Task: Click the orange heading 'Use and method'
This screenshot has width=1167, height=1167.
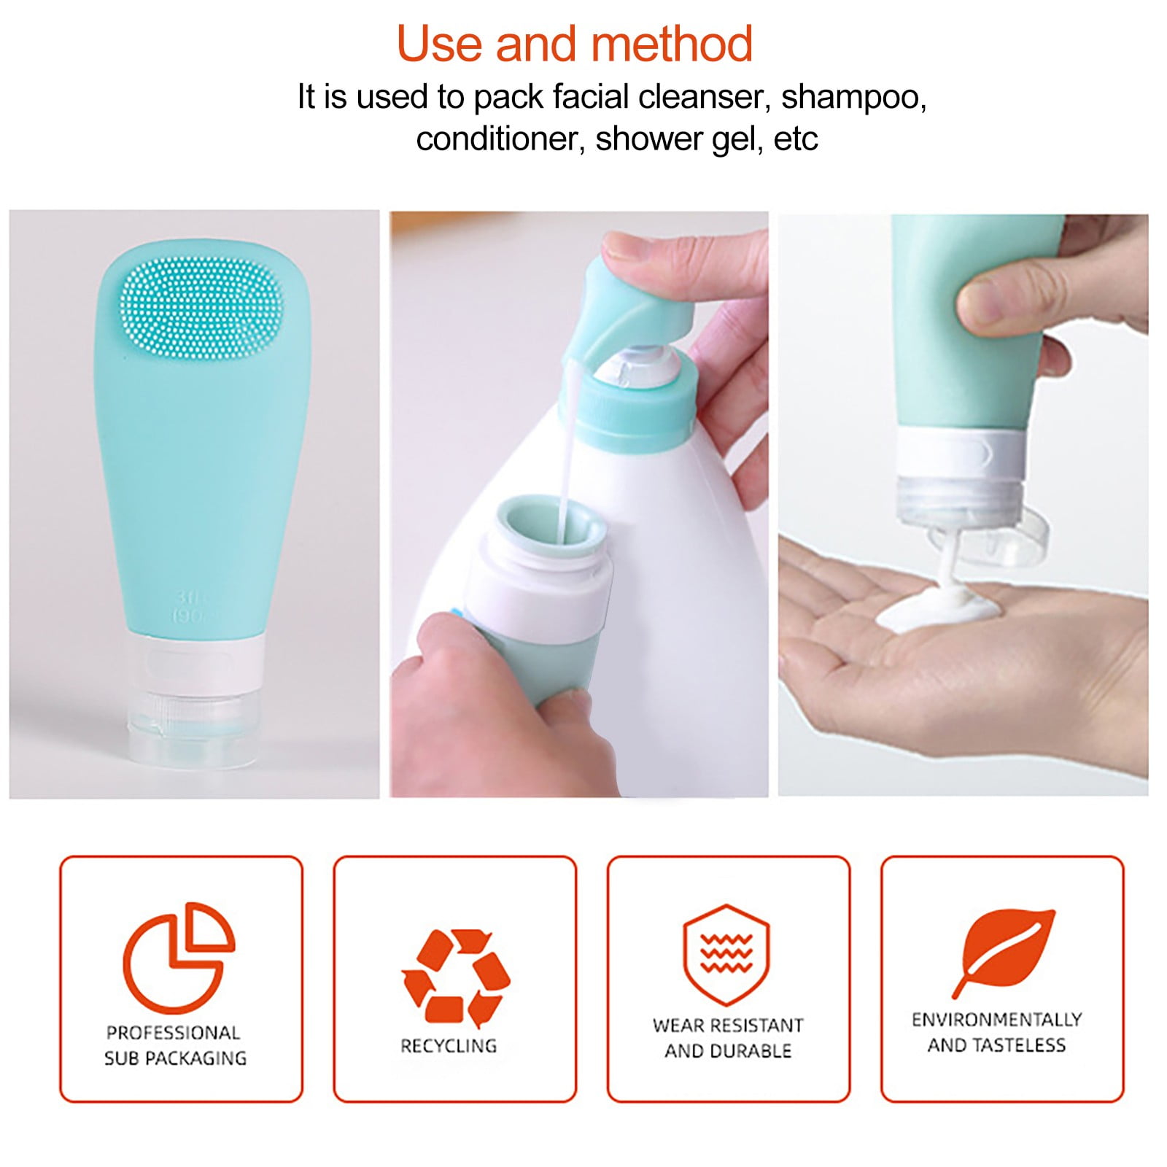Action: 575,44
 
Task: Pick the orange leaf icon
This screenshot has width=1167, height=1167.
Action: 1003,953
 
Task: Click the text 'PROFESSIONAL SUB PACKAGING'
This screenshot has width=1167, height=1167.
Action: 175,1045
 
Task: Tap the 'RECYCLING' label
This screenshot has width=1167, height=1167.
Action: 449,1046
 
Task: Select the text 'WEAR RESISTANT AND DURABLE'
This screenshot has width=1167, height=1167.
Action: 728,1038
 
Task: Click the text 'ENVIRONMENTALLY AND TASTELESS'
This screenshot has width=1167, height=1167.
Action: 997,1032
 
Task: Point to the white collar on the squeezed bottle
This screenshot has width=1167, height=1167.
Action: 962,454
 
